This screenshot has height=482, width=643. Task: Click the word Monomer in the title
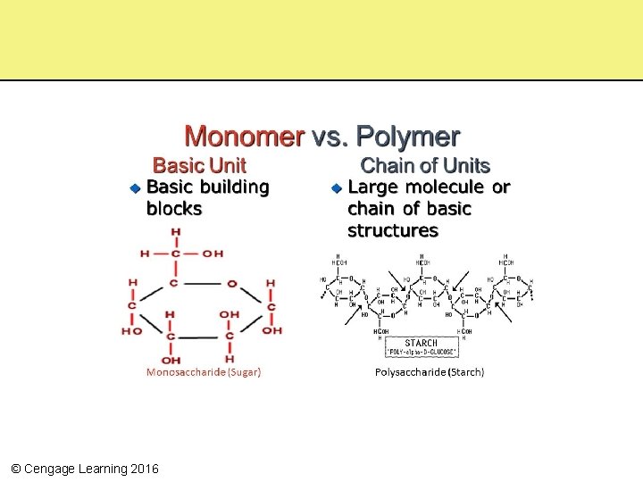(x=244, y=137)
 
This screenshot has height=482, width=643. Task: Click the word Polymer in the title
(x=408, y=137)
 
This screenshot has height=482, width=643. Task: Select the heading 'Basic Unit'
(x=199, y=165)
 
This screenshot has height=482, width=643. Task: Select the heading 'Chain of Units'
(x=424, y=165)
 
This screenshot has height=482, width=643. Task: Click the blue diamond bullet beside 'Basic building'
(x=133, y=188)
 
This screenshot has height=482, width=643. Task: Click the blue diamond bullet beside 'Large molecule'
(x=335, y=188)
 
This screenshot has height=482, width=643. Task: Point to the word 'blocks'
(x=174, y=209)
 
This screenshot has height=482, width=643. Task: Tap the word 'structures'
(x=392, y=230)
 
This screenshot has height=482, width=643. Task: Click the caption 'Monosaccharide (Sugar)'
(x=204, y=371)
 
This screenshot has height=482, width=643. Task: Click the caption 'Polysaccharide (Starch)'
(x=429, y=371)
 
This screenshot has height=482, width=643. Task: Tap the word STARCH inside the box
(x=421, y=343)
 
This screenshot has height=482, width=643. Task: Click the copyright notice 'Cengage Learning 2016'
(x=84, y=469)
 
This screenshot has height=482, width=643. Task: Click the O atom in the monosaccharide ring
(x=231, y=284)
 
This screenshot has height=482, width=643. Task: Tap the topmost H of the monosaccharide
(x=175, y=231)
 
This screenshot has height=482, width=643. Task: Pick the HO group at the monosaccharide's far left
(x=131, y=331)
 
